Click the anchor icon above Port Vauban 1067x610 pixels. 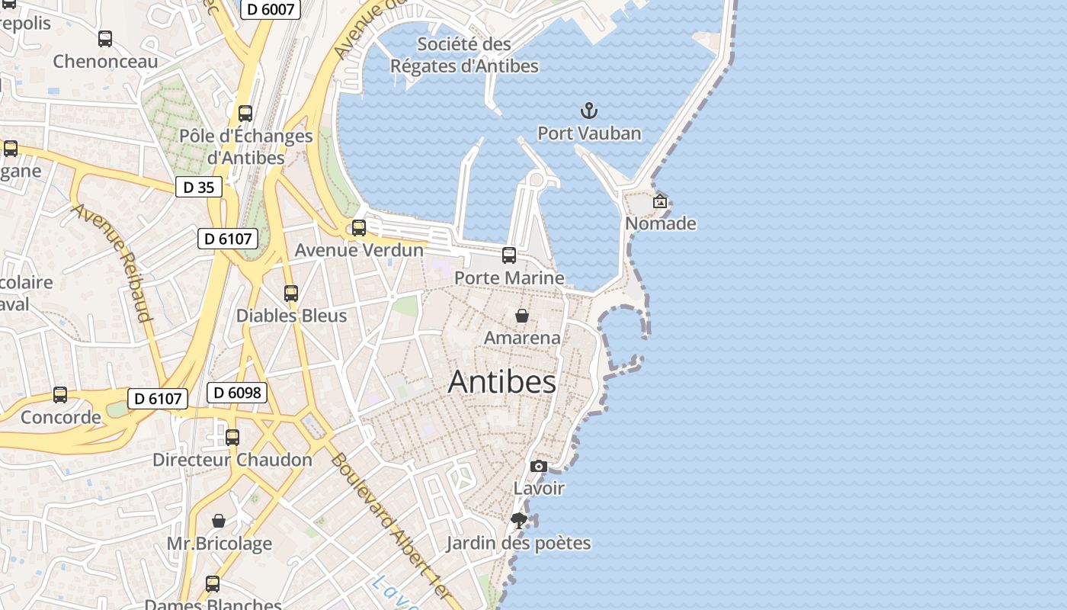(x=588, y=111)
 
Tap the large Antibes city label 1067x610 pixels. (x=501, y=381)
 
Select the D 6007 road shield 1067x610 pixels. (x=271, y=9)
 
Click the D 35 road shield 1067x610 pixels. (x=199, y=187)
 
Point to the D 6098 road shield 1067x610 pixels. (x=237, y=393)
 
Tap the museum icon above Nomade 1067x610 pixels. (x=660, y=201)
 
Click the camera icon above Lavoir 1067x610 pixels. (x=539, y=466)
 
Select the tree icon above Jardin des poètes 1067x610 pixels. (x=519, y=521)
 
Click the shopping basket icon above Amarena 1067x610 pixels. (x=522, y=315)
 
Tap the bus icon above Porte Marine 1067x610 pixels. (x=509, y=255)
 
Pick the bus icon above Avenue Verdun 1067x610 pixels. (x=359, y=227)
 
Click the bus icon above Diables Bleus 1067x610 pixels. (x=290, y=293)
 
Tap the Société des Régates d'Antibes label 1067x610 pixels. (x=464, y=55)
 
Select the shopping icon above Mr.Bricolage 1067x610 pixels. (x=219, y=521)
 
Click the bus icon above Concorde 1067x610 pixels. (x=60, y=395)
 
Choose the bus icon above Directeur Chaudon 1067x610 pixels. (x=232, y=438)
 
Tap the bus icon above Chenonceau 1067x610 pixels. (x=105, y=38)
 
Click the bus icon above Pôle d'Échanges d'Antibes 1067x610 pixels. (x=245, y=114)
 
